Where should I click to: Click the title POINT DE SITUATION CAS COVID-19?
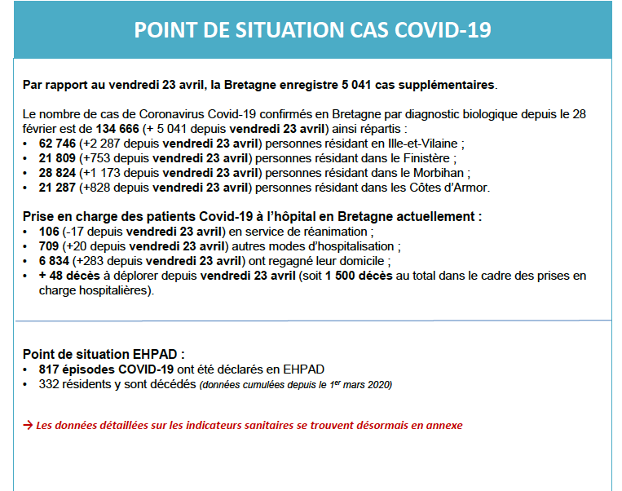(x=312, y=29)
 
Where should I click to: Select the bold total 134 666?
(x=117, y=129)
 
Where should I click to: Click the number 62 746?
(x=57, y=144)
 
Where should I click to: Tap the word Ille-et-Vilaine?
(x=422, y=144)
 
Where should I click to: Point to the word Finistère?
(x=426, y=158)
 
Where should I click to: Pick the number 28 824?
(x=57, y=173)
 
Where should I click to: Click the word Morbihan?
(x=439, y=173)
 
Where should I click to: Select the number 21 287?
(x=57, y=188)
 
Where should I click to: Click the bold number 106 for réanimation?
(x=49, y=232)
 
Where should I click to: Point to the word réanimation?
(x=335, y=232)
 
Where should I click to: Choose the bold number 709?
(x=49, y=246)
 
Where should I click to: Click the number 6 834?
(x=54, y=261)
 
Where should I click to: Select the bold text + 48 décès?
(x=69, y=276)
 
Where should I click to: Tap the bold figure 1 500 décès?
(x=359, y=276)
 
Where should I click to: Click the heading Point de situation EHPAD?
(x=104, y=354)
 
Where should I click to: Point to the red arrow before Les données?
(x=28, y=426)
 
